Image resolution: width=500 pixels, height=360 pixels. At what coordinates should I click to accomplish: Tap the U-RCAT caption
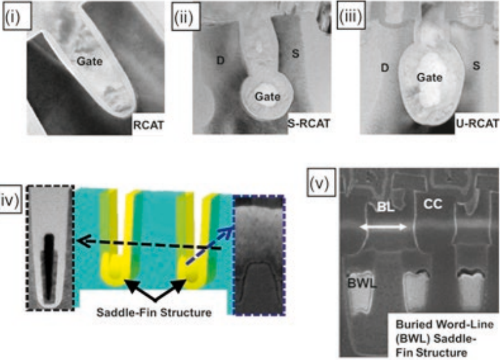[x=472, y=122]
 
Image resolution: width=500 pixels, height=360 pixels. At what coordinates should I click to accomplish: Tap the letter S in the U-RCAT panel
[x=476, y=66]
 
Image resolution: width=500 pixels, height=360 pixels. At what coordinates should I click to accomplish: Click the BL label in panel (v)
[x=387, y=206]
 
